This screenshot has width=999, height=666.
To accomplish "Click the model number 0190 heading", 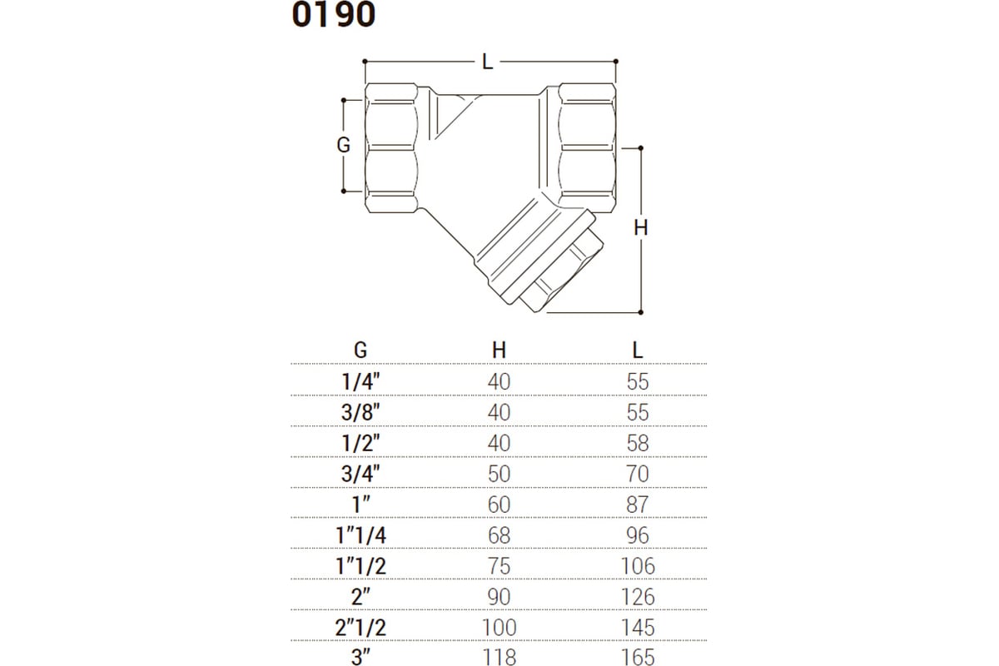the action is (x=333, y=15).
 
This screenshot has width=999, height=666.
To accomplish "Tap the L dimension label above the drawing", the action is (x=488, y=62).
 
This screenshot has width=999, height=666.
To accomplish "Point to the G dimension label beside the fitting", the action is (x=343, y=145).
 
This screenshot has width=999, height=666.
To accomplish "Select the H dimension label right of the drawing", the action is (x=641, y=228).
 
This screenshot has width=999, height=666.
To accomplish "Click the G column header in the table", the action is (x=360, y=350).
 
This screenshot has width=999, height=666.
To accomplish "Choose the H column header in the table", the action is (x=499, y=350).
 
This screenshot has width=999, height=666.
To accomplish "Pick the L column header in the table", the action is (x=638, y=350).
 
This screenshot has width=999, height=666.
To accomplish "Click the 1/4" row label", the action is (x=360, y=382).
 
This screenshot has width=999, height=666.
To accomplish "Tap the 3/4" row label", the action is (x=360, y=474).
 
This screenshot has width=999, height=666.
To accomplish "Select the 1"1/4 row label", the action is (x=360, y=535).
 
